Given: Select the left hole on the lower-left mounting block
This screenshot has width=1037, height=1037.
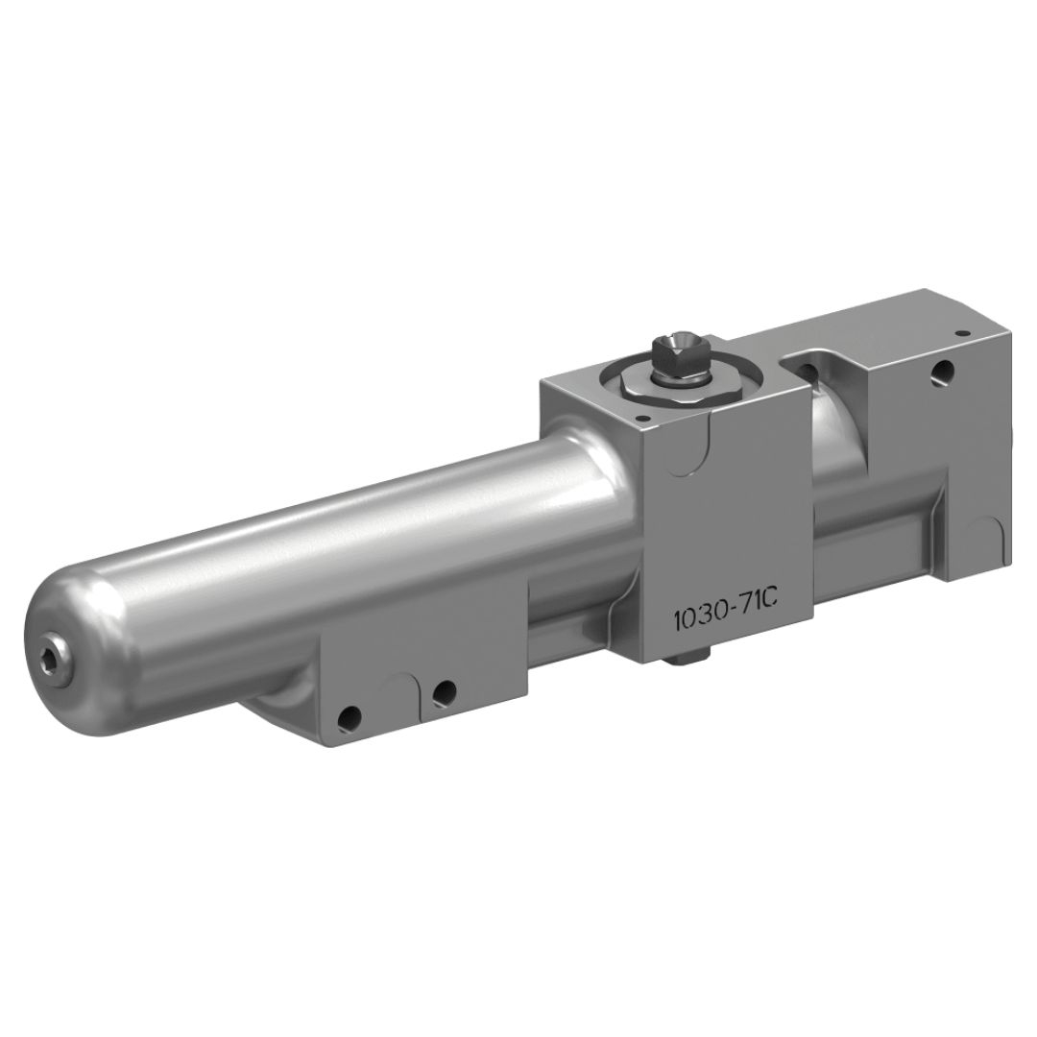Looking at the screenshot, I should [351, 715].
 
